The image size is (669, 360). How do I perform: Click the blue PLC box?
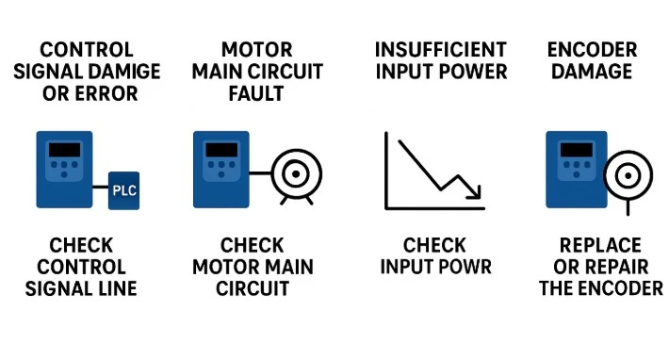coord(124,190)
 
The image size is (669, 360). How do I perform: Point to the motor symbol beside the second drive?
coord(294,173)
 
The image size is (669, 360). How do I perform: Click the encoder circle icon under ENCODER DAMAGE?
coord(623,174)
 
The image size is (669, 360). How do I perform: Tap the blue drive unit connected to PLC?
coord(64,170)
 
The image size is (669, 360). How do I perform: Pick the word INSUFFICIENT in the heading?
coord(441,49)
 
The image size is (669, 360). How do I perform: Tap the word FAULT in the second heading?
coord(254,93)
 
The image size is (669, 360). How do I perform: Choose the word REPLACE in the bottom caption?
coord(600,245)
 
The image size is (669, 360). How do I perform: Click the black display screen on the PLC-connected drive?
coord(64,148)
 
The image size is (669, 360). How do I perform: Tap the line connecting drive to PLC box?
coord(102,190)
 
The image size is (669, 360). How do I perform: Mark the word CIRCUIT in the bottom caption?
coord(254,288)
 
